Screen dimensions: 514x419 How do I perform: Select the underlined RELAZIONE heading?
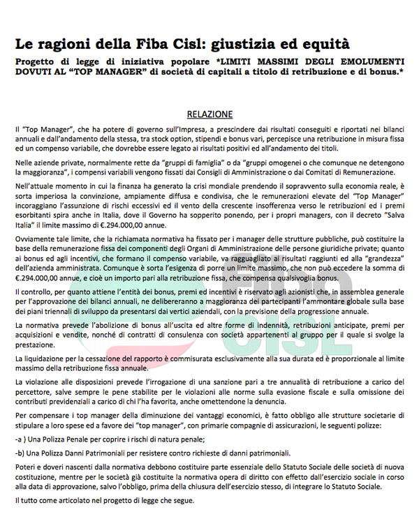[209, 114]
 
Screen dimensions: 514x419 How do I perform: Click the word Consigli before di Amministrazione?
[229, 171]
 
